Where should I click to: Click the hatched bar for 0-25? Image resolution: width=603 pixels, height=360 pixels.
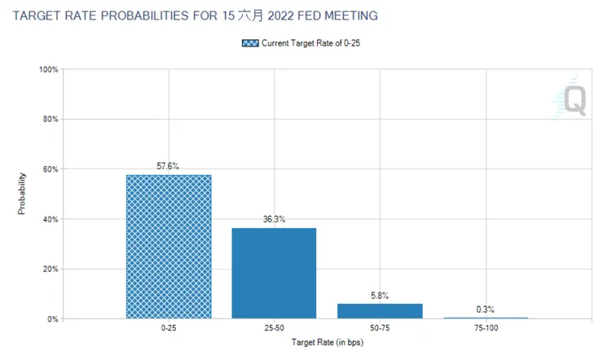pyautogui.click(x=168, y=246)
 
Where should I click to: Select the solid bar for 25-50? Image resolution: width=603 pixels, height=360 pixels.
pyautogui.click(x=274, y=273)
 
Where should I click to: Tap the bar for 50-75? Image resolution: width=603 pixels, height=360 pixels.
pyautogui.click(x=380, y=310)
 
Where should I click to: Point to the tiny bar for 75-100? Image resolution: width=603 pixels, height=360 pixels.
pyautogui.click(x=486, y=318)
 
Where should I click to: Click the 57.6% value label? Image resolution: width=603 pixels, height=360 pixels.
pyautogui.click(x=168, y=166)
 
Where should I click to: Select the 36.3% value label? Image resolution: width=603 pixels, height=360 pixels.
pyautogui.click(x=274, y=219)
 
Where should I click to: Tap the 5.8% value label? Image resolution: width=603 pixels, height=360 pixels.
pyautogui.click(x=380, y=295)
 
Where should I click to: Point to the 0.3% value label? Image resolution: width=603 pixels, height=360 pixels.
pyautogui.click(x=486, y=309)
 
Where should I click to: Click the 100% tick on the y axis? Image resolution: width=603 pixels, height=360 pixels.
pyautogui.click(x=48, y=70)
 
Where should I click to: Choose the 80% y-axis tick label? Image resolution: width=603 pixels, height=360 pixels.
pyautogui.click(x=50, y=120)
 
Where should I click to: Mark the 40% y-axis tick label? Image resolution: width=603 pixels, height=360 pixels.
pyautogui.click(x=50, y=219)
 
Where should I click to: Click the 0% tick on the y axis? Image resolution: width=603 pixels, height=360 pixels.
pyautogui.click(x=52, y=318)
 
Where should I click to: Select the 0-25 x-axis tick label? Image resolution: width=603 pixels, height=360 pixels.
pyautogui.click(x=168, y=330)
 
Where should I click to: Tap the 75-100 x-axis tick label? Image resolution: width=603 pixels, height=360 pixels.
pyautogui.click(x=486, y=330)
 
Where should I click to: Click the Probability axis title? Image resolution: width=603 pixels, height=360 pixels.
pyautogui.click(x=23, y=194)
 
